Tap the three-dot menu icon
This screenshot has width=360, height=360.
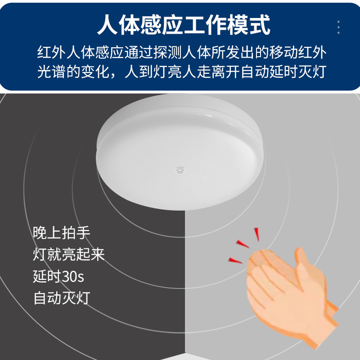pos(338,27)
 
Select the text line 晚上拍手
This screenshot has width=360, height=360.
pos(62,233)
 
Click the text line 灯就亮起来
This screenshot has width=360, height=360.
pos(69,255)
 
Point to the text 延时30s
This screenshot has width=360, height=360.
pos(58,276)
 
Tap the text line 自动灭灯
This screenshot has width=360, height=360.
pos(62,298)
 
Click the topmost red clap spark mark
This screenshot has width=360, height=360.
pos(257,234)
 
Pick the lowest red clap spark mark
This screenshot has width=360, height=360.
pos(235,261)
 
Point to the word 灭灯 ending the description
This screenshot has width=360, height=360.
pos(311,72)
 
